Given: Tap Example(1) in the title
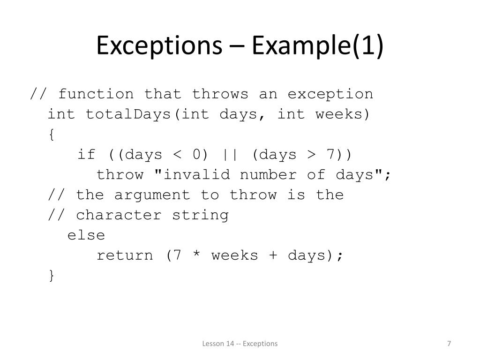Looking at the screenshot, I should [318, 46].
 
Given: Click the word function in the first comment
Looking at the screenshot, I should [96, 94].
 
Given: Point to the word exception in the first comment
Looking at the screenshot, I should [330, 94].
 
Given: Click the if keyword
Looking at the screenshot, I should [86, 155].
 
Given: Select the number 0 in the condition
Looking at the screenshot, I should [196, 155].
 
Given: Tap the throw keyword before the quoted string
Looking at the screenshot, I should [120, 175].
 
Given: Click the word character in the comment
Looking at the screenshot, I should [119, 215].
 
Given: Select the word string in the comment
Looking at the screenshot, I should [201, 215].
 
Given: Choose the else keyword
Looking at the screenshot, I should [86, 235].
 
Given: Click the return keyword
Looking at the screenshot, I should [125, 255].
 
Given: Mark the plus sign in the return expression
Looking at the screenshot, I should [273, 256].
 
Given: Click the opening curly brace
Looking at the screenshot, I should [51, 135].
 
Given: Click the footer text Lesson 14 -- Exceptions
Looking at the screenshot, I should [240, 344].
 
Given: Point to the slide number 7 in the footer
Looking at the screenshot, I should [449, 344].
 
